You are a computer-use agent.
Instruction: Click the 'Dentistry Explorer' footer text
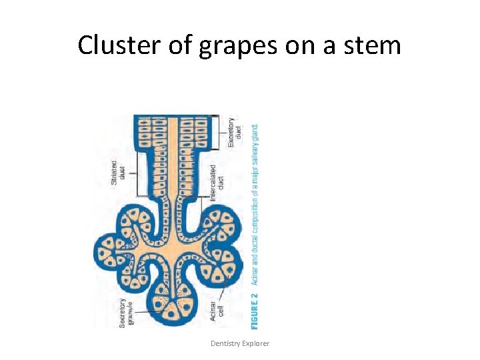pos(240,343)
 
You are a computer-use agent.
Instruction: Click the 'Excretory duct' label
pos(235,133)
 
